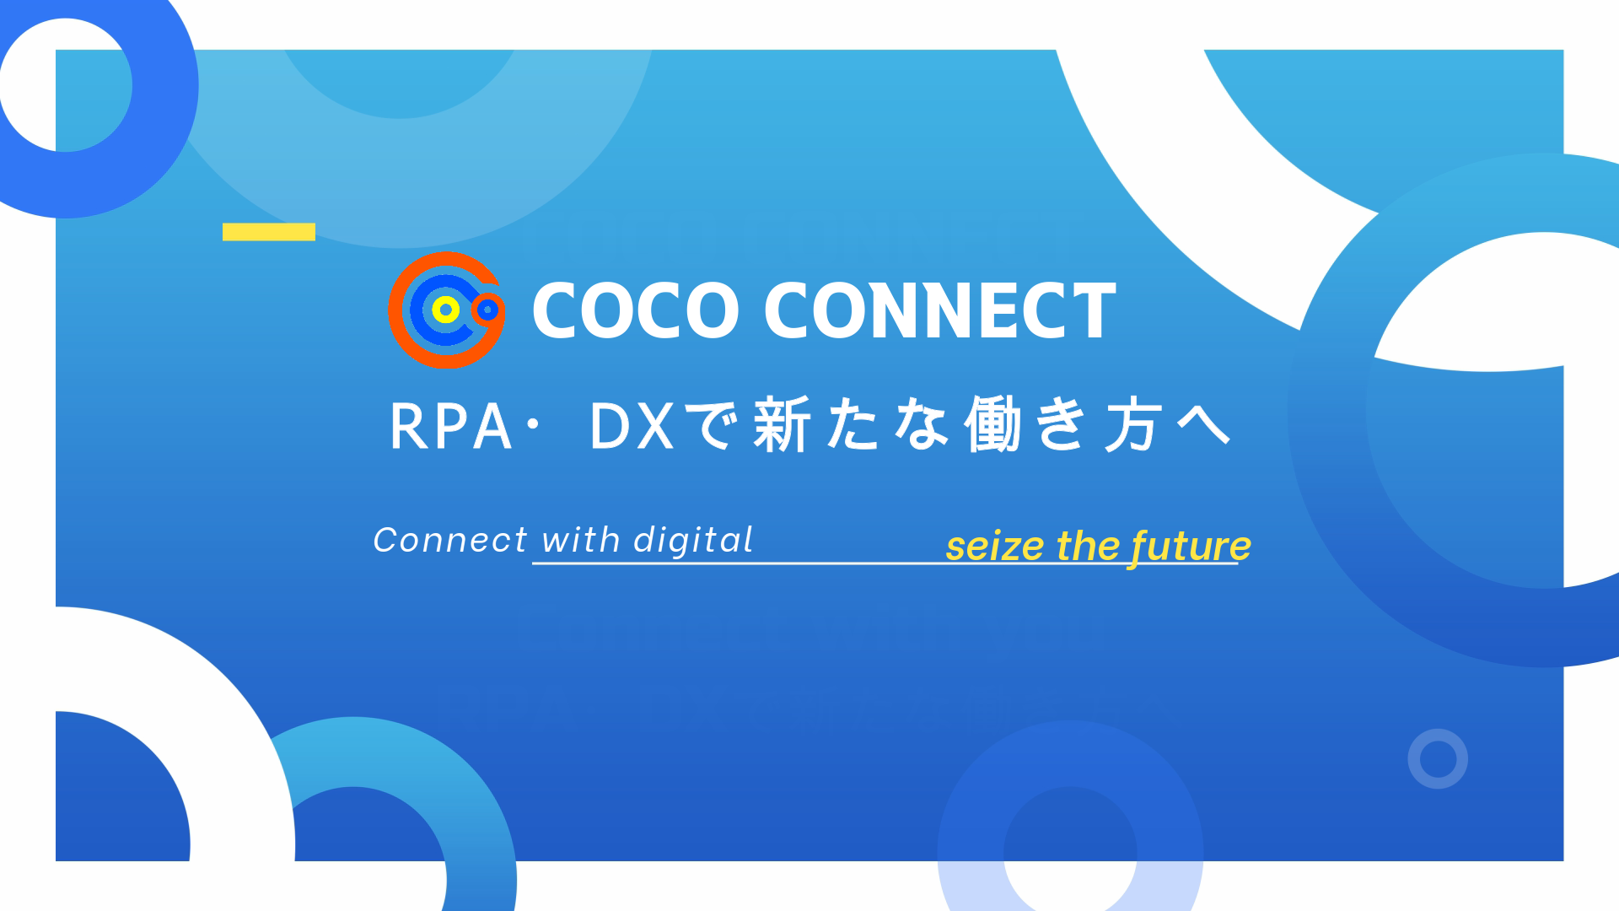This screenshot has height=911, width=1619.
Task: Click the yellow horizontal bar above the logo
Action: coord(269,232)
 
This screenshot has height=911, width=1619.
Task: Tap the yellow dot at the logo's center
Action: coord(446,310)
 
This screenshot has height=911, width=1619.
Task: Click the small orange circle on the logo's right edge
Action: coord(487,310)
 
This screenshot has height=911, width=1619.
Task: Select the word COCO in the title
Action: coord(636,310)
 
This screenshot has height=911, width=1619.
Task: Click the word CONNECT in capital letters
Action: coord(940,310)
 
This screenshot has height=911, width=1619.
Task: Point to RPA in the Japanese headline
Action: coord(450,426)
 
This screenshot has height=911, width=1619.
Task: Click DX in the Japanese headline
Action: coord(632,426)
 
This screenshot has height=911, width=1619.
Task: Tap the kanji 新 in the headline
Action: coord(783,423)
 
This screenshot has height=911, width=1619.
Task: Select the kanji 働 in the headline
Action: coord(993,423)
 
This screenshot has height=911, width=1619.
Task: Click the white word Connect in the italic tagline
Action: coord(450,540)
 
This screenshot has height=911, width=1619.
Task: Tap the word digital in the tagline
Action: coord(693,540)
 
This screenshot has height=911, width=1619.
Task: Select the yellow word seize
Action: coord(996,547)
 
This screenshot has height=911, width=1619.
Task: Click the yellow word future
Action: coord(1191,547)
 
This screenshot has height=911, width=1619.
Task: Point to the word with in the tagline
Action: coord(581,540)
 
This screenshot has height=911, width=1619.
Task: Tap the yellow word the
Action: coord(1089,546)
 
